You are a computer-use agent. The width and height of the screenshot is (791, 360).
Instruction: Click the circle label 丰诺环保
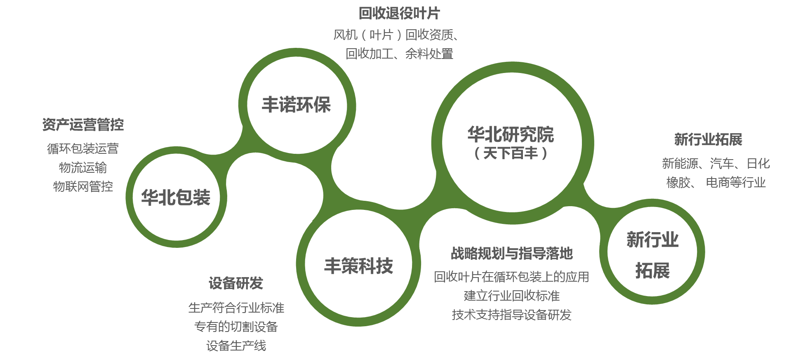point(296,105)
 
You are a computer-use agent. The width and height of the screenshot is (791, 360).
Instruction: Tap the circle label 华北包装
point(176,198)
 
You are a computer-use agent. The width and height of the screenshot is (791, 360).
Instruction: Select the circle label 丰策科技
point(358,266)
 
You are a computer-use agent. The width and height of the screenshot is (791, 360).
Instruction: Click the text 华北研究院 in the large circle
point(511,134)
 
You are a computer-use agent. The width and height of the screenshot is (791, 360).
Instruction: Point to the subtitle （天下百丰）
point(511,153)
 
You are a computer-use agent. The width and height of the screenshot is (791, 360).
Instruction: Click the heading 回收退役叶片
point(399,14)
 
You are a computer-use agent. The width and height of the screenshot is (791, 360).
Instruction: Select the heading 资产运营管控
point(83,125)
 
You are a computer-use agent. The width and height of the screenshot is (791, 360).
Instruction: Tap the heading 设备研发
point(235,283)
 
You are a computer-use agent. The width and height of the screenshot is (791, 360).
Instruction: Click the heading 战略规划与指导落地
point(511,254)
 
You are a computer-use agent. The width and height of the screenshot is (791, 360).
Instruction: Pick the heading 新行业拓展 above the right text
point(708,139)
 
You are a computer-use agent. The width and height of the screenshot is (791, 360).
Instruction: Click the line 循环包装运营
point(83,148)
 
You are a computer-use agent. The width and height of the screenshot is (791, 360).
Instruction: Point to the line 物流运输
point(83,167)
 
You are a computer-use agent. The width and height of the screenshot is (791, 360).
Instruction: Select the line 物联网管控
point(83,186)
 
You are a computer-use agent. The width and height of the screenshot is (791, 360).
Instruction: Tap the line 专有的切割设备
point(236,327)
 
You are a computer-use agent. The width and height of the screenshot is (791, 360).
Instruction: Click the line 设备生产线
point(236,346)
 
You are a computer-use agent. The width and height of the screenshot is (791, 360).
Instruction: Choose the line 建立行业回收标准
point(511,296)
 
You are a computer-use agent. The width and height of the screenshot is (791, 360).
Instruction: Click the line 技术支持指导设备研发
point(511,315)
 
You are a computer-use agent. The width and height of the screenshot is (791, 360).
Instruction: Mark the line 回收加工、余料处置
point(399,54)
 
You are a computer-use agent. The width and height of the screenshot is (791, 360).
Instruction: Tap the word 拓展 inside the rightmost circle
point(652,271)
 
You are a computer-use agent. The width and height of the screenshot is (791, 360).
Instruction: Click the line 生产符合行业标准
point(236,308)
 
